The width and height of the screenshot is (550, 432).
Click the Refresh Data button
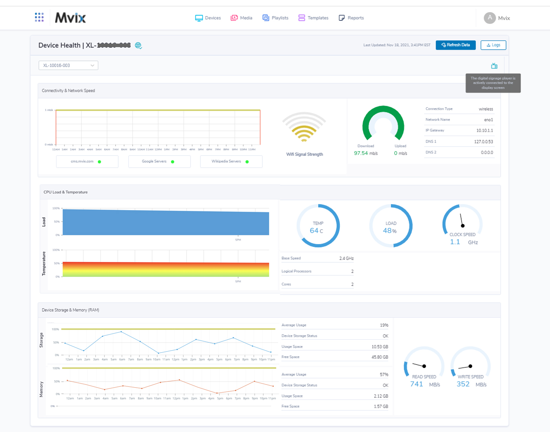(455, 45)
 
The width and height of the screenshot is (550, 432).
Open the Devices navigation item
(208, 18)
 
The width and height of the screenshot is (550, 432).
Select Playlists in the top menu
(275, 18)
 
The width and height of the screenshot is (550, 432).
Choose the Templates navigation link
(313, 18)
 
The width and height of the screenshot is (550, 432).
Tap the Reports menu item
(351, 18)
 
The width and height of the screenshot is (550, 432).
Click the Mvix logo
(70, 18)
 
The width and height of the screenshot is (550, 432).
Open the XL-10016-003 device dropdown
(68, 66)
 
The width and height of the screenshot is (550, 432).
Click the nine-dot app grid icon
(39, 17)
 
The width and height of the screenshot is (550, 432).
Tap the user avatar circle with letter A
(489, 18)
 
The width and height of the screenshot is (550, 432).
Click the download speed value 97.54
(361, 153)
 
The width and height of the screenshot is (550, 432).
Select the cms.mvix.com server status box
(87, 161)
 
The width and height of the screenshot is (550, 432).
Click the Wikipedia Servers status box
(231, 161)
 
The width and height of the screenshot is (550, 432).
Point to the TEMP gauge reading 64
(314, 231)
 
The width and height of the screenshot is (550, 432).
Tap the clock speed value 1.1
(455, 242)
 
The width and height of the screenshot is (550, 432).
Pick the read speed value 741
(416, 384)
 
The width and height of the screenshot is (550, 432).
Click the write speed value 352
(463, 384)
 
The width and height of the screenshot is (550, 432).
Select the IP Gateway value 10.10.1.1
(484, 130)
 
